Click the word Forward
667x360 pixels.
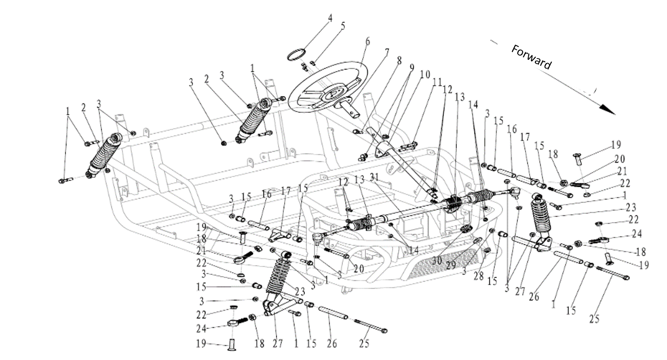[x=531, y=57]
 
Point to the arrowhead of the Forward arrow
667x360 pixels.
[x=608, y=110]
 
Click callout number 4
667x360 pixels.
[x=330, y=18]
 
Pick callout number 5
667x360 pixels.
[x=343, y=26]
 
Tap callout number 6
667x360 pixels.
[x=367, y=42]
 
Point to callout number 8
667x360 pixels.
[x=399, y=60]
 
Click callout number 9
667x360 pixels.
[x=411, y=68]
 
